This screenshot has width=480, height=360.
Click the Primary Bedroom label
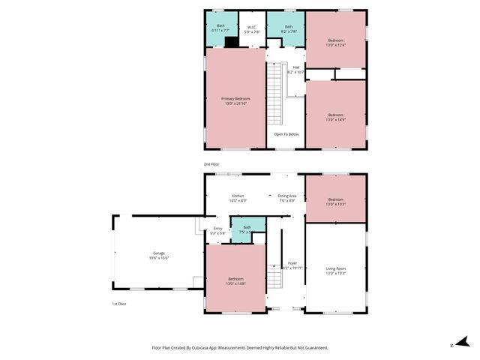tap(235, 100)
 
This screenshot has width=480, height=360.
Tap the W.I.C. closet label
tap(253, 29)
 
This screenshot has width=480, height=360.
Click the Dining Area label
tap(287, 197)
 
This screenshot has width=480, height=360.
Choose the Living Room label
tap(335, 268)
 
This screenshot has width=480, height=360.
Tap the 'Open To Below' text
tap(286, 134)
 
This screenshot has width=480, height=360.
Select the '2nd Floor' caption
tap(212, 163)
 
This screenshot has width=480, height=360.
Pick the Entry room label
tap(217, 229)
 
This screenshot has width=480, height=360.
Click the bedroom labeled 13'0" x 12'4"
tap(335, 42)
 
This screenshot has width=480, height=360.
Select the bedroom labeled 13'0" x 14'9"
tap(335, 116)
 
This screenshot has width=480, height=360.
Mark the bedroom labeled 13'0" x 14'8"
tap(235, 281)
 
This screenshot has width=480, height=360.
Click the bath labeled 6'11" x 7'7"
tap(220, 28)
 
